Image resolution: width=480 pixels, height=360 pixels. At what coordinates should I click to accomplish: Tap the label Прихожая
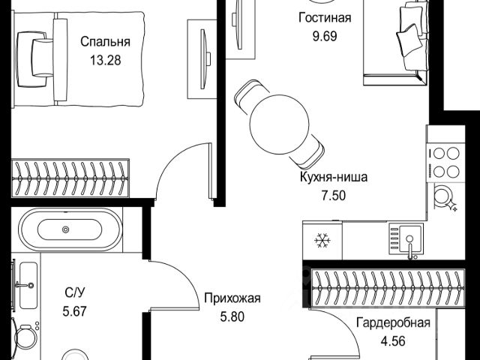[x=232, y=298]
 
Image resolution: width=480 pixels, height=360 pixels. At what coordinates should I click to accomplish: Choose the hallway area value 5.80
[x=232, y=316]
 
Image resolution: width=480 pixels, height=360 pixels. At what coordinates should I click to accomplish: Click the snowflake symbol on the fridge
[x=323, y=241]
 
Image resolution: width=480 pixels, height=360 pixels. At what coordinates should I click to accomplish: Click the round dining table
[x=277, y=125]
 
